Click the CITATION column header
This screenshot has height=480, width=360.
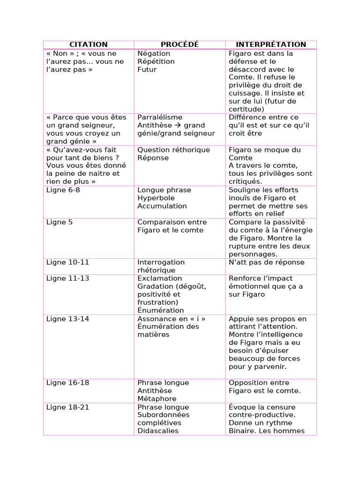click(x=89, y=45)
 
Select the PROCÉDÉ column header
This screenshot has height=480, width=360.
click(x=180, y=45)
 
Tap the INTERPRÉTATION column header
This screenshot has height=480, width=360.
click(x=271, y=45)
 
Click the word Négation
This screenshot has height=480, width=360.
click(x=154, y=53)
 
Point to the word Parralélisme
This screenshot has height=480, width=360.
click(x=160, y=117)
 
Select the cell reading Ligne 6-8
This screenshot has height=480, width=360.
click(x=60, y=190)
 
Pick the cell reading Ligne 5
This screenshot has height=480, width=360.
click(x=60, y=222)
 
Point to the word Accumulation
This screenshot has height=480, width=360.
click(x=162, y=206)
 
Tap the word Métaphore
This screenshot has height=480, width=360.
click(x=156, y=398)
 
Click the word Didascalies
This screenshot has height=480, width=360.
click(x=158, y=431)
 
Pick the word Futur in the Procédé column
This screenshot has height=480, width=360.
click(x=147, y=69)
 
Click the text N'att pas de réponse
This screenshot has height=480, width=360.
click(x=266, y=262)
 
